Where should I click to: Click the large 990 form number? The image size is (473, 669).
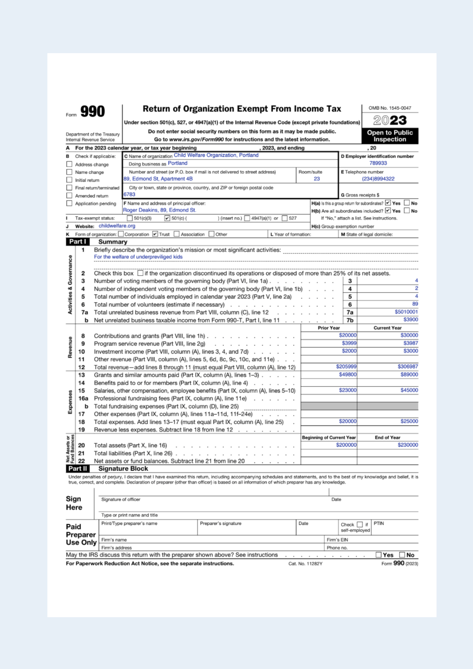[x=92, y=111]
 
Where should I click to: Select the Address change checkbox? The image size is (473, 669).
[x=69, y=164]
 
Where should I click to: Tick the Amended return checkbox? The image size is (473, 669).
[x=69, y=196]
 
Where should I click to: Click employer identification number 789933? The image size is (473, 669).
[x=378, y=163]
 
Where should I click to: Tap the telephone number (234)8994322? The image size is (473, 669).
[x=378, y=179]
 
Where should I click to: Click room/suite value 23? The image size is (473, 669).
[x=316, y=179]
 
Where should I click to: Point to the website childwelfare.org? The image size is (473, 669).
[x=117, y=226]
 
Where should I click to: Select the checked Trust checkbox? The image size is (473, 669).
[x=155, y=234]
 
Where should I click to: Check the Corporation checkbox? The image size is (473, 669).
[x=121, y=234]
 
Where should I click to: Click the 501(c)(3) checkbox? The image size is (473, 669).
[x=129, y=218]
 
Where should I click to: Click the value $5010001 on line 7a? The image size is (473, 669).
[x=406, y=312]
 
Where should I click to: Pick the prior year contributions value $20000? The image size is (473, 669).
[x=348, y=335]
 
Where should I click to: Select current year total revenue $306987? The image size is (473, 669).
[x=407, y=367]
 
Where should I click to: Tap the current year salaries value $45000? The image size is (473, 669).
[x=409, y=390]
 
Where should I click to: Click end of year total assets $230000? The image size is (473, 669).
[x=407, y=445]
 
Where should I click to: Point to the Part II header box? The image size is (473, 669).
[x=78, y=469]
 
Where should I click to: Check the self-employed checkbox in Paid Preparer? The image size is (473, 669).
[x=360, y=524]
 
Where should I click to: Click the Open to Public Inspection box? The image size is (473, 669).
[x=390, y=136]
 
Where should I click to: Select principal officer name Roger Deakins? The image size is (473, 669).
[x=140, y=210]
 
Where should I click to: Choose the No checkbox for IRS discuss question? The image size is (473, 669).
[x=402, y=555]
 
